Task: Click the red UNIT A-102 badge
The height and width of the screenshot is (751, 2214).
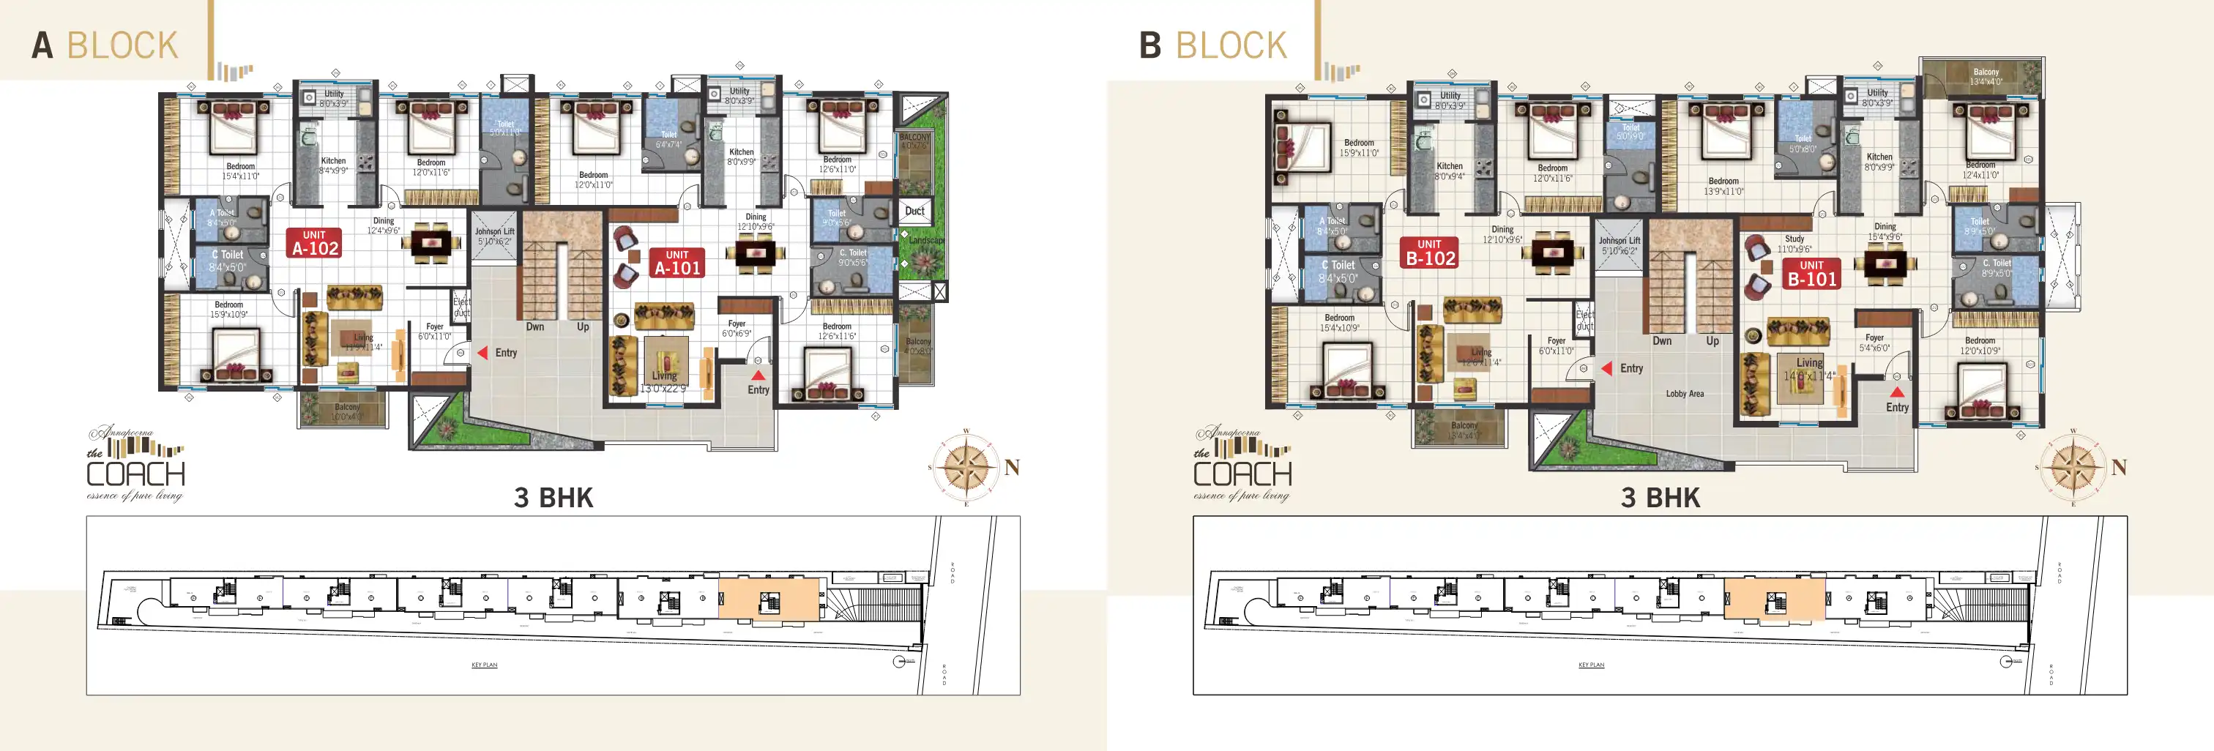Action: (315, 243)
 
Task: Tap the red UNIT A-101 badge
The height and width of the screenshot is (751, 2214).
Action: (677, 263)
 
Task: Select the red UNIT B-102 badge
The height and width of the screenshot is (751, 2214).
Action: (1429, 253)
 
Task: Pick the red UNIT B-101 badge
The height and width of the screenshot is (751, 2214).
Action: (1811, 273)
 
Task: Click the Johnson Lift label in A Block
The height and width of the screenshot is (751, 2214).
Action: (494, 236)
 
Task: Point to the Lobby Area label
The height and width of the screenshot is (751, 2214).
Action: (1684, 394)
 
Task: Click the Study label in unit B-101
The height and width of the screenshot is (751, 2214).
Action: (1794, 239)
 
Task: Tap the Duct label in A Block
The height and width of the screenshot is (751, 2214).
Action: (914, 211)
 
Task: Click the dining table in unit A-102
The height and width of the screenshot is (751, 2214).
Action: (430, 242)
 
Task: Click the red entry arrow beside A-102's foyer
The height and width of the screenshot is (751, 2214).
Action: (483, 352)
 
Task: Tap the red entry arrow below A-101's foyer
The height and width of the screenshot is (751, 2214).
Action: (757, 375)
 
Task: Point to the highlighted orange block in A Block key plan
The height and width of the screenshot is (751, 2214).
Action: (768, 598)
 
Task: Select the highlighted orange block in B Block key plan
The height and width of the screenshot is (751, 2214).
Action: (1774, 598)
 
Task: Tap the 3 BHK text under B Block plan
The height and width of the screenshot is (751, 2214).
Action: (1660, 498)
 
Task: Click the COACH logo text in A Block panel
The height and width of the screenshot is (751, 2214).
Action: (135, 474)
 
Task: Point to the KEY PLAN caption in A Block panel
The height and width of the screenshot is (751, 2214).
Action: (484, 664)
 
